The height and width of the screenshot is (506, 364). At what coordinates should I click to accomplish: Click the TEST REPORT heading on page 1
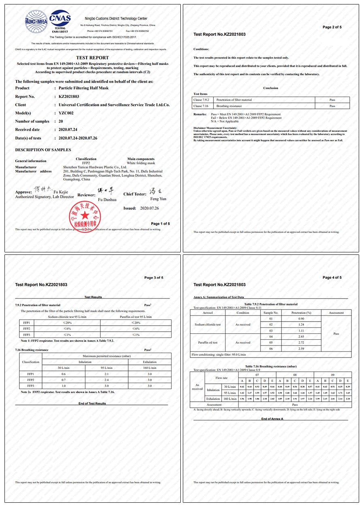pos(92,58)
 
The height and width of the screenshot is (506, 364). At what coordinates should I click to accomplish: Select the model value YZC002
pos(66,113)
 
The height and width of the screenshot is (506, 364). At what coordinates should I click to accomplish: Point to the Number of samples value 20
pos(61,121)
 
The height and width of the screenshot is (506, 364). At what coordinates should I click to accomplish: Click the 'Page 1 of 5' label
pos(160,224)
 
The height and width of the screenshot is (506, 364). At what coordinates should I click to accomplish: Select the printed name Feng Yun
pos(158,199)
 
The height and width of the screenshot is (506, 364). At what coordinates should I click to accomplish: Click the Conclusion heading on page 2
pos(271,88)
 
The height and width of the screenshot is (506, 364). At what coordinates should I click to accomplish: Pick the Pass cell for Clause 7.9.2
pos(332,100)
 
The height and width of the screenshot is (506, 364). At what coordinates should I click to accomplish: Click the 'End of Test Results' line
pos(92,403)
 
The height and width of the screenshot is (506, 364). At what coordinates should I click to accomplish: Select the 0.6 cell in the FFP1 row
pos(63,374)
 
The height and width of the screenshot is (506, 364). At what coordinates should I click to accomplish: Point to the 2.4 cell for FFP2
pos(106,380)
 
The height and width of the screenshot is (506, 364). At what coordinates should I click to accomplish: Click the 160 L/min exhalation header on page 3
pos(150,368)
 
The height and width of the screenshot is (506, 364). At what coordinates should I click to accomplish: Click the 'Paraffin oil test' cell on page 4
pos(207,343)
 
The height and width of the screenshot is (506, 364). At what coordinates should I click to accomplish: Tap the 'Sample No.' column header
pos(271,313)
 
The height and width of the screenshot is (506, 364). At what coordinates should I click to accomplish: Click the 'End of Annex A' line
pos(272,419)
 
